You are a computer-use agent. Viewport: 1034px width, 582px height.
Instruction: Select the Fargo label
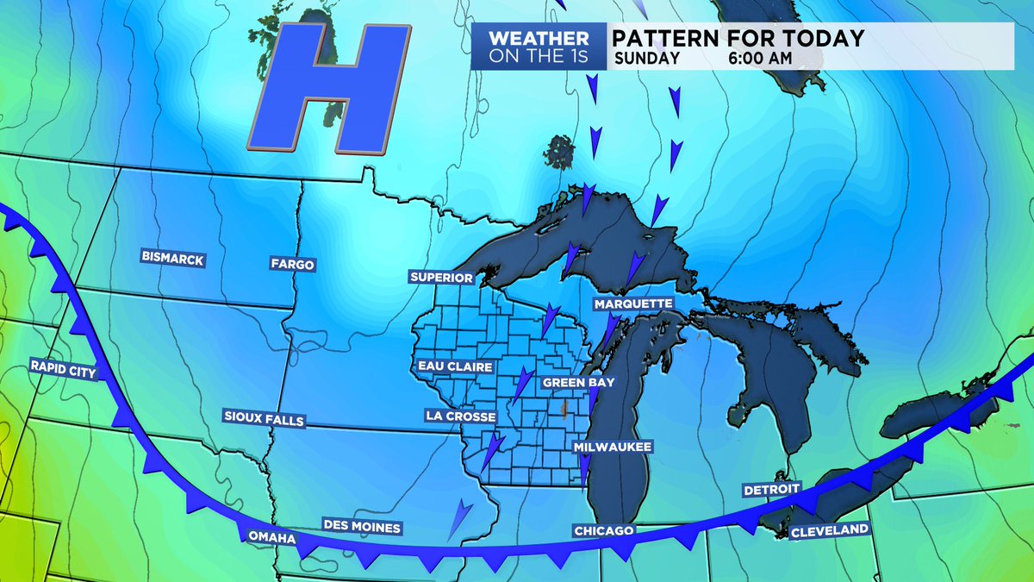[x=291, y=264]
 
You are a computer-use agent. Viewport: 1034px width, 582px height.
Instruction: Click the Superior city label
[x=441, y=278]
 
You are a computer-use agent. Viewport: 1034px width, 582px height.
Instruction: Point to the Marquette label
[x=632, y=304]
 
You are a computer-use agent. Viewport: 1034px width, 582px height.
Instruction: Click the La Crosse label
[x=460, y=416]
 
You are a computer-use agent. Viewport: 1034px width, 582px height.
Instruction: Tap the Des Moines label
[x=361, y=525]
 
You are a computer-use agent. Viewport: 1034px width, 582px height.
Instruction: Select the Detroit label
[x=772, y=490]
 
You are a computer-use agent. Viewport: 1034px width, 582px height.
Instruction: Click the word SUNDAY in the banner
[x=647, y=59]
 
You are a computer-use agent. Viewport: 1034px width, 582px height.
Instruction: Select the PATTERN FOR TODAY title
[x=738, y=38]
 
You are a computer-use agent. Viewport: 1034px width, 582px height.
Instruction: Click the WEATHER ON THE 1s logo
[x=539, y=47]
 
